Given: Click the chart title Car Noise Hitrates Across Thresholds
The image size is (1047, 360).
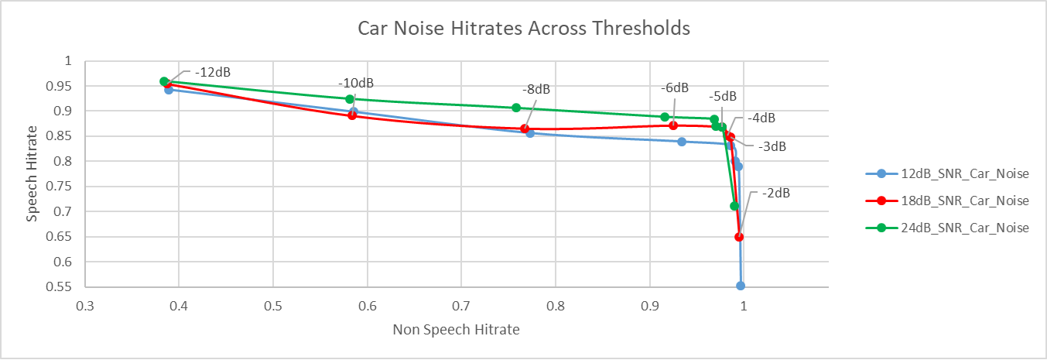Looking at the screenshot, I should (523, 29).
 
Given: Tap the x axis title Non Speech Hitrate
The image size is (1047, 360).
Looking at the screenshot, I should (456, 330).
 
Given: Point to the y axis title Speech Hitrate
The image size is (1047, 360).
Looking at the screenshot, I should (32, 173).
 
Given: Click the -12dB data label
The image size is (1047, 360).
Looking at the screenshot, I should (213, 72).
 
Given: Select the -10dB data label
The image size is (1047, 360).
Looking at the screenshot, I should (355, 83).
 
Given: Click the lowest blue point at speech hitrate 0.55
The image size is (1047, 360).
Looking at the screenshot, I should (741, 286).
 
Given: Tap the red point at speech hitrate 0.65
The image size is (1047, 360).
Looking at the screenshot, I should (739, 237).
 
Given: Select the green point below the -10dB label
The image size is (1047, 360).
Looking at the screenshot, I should (350, 99).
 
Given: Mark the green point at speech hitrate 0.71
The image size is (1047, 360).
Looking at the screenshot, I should (734, 206).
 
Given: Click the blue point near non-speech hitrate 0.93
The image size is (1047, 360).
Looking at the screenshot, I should (682, 142).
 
